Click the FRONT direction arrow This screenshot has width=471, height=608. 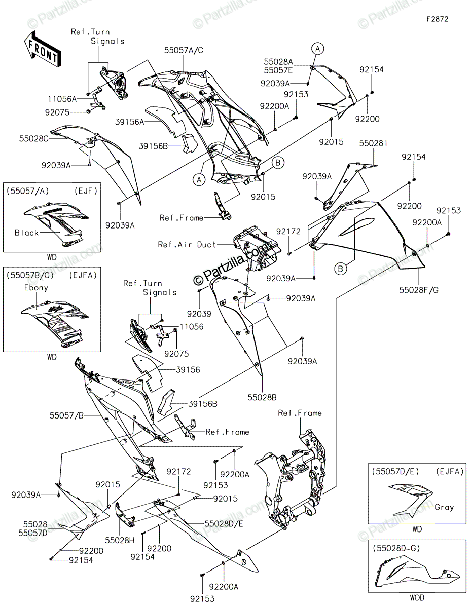point(42,49)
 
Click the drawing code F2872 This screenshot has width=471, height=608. point(437,19)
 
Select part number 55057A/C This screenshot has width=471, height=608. point(184,50)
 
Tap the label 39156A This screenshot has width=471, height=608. point(130,122)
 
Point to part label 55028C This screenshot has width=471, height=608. point(34,138)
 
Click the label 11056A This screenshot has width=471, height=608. point(62,99)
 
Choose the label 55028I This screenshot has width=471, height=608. point(373,143)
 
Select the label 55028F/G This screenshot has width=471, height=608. point(419,290)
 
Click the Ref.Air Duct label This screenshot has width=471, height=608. point(187,245)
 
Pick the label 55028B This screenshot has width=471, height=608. point(262,397)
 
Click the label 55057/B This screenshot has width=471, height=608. point(66,416)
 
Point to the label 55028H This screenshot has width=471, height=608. point(120,540)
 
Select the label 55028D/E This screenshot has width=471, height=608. point(224,524)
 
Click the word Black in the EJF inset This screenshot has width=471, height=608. point(26,233)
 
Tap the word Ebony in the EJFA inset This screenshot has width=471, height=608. point(36,288)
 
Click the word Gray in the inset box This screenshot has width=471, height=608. point(444,507)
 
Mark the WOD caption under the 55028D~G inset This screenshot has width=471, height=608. point(417,598)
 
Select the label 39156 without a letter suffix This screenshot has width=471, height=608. point(188,370)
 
